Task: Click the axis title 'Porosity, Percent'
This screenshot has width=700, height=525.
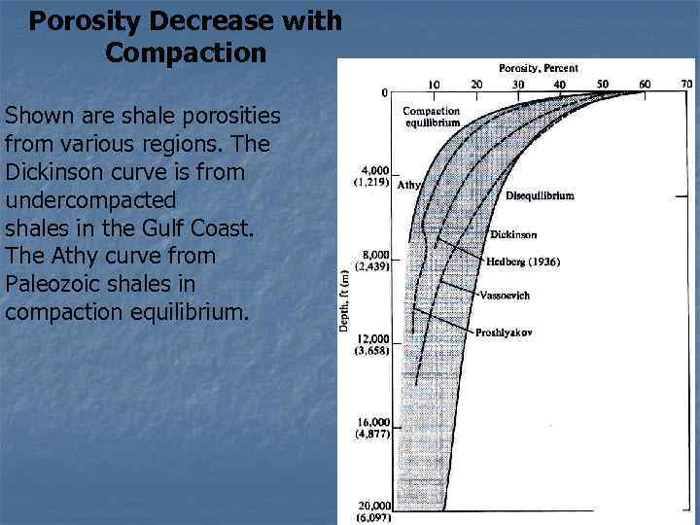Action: click(538, 68)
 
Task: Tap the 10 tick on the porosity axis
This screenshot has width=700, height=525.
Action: click(434, 85)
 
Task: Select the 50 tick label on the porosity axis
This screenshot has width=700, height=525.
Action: click(602, 85)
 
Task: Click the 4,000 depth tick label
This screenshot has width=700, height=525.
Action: click(374, 170)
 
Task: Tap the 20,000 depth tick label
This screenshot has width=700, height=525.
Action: click(373, 506)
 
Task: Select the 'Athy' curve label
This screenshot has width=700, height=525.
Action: click(410, 183)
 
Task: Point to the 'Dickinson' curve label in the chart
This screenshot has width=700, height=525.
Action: click(513, 234)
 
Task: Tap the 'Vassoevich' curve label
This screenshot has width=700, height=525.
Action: click(504, 295)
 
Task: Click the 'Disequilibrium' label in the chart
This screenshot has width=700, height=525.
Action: click(540, 195)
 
